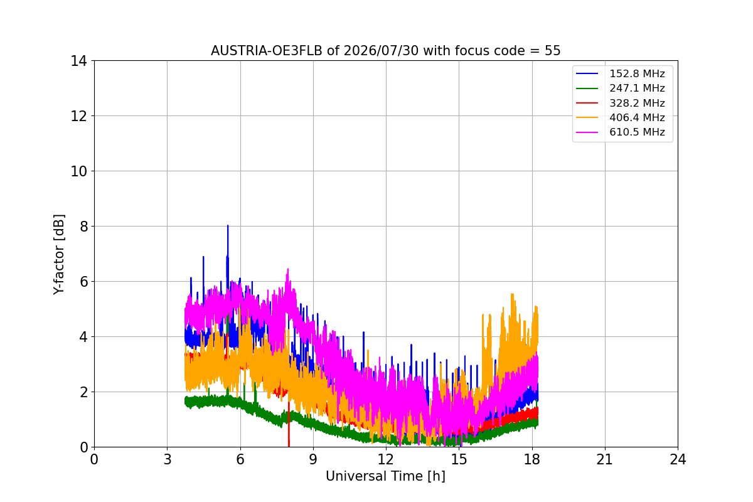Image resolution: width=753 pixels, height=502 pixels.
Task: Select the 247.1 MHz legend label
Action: click(x=637, y=88)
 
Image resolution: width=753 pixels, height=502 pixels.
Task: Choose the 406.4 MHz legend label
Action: click(x=637, y=117)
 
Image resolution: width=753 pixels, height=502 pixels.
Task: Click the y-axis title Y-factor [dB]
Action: click(x=59, y=255)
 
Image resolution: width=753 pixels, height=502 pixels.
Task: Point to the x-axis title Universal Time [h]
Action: click(x=385, y=476)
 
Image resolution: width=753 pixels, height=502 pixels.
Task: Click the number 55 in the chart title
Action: click(x=553, y=51)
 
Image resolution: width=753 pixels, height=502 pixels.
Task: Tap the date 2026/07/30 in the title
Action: click(x=382, y=51)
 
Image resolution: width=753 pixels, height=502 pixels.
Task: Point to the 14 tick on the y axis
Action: click(x=78, y=61)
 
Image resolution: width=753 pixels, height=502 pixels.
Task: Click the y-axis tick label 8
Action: click(x=83, y=227)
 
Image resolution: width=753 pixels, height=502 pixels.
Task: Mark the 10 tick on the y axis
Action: click(x=78, y=171)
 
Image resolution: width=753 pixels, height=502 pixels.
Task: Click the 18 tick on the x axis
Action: click(x=532, y=459)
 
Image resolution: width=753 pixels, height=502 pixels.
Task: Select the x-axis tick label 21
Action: click(x=605, y=459)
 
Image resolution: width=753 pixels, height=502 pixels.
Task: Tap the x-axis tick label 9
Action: click(x=313, y=459)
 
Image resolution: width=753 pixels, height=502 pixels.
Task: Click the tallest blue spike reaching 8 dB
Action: click(x=228, y=226)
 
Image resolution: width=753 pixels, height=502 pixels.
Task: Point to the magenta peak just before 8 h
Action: click(x=288, y=269)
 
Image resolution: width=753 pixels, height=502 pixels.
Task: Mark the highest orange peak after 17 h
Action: click(x=512, y=294)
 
